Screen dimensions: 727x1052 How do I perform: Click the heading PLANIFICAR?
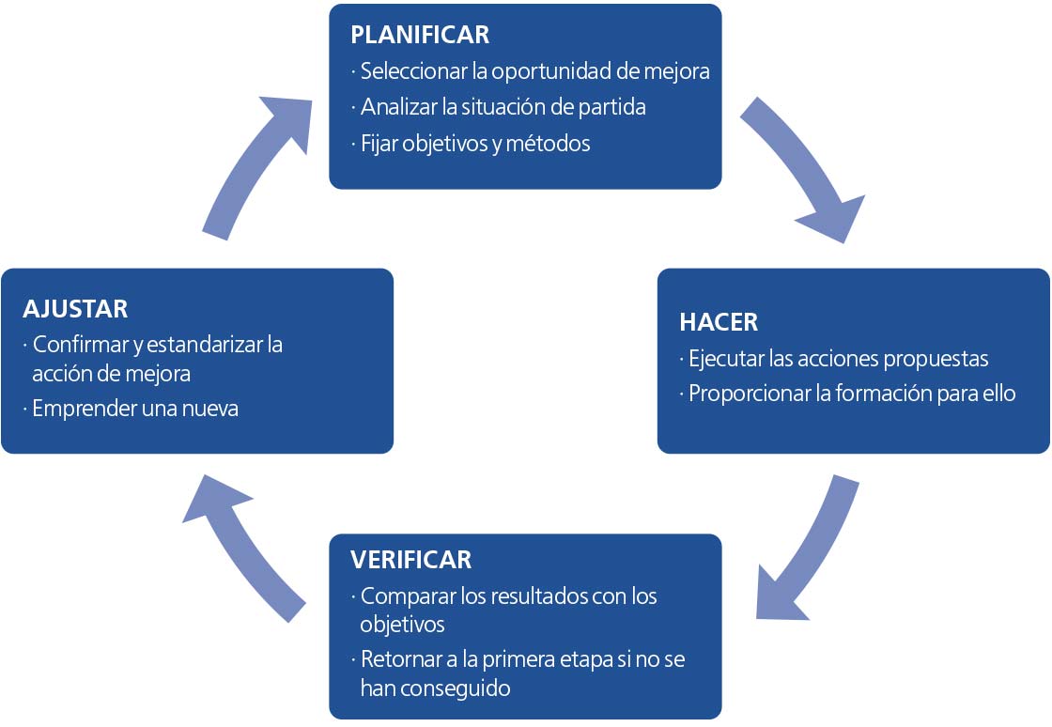coord(419,35)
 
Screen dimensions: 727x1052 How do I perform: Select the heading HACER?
coord(718,321)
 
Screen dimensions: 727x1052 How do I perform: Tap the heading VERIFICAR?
coord(410,560)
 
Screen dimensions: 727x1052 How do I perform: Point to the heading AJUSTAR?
coord(75,308)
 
